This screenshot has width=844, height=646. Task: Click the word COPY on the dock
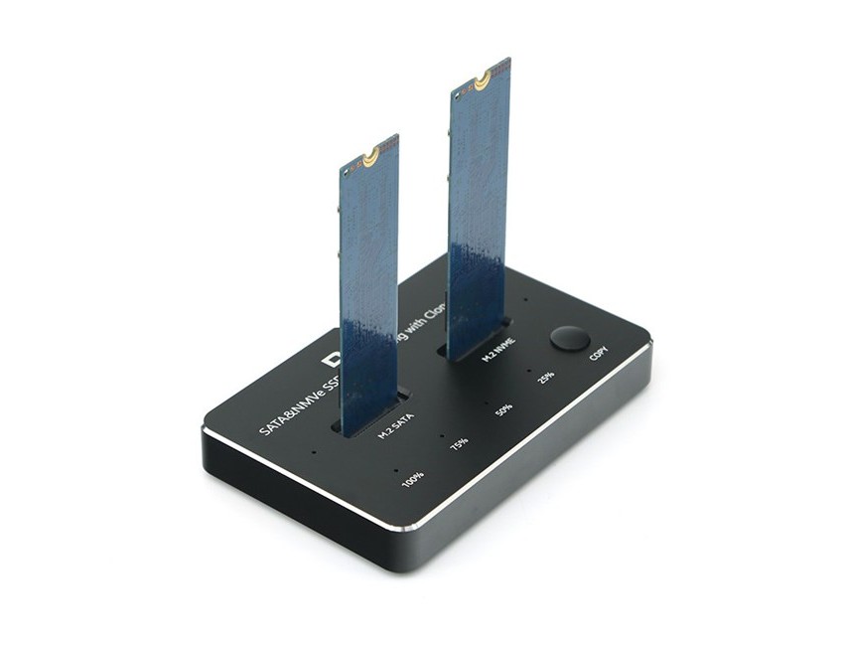point(599,355)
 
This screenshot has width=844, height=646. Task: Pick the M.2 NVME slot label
point(497,353)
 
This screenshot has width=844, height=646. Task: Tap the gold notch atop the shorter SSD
point(370,156)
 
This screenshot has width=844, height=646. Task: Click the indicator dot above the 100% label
point(396,468)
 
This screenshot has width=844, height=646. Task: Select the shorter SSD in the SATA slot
point(368,288)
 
